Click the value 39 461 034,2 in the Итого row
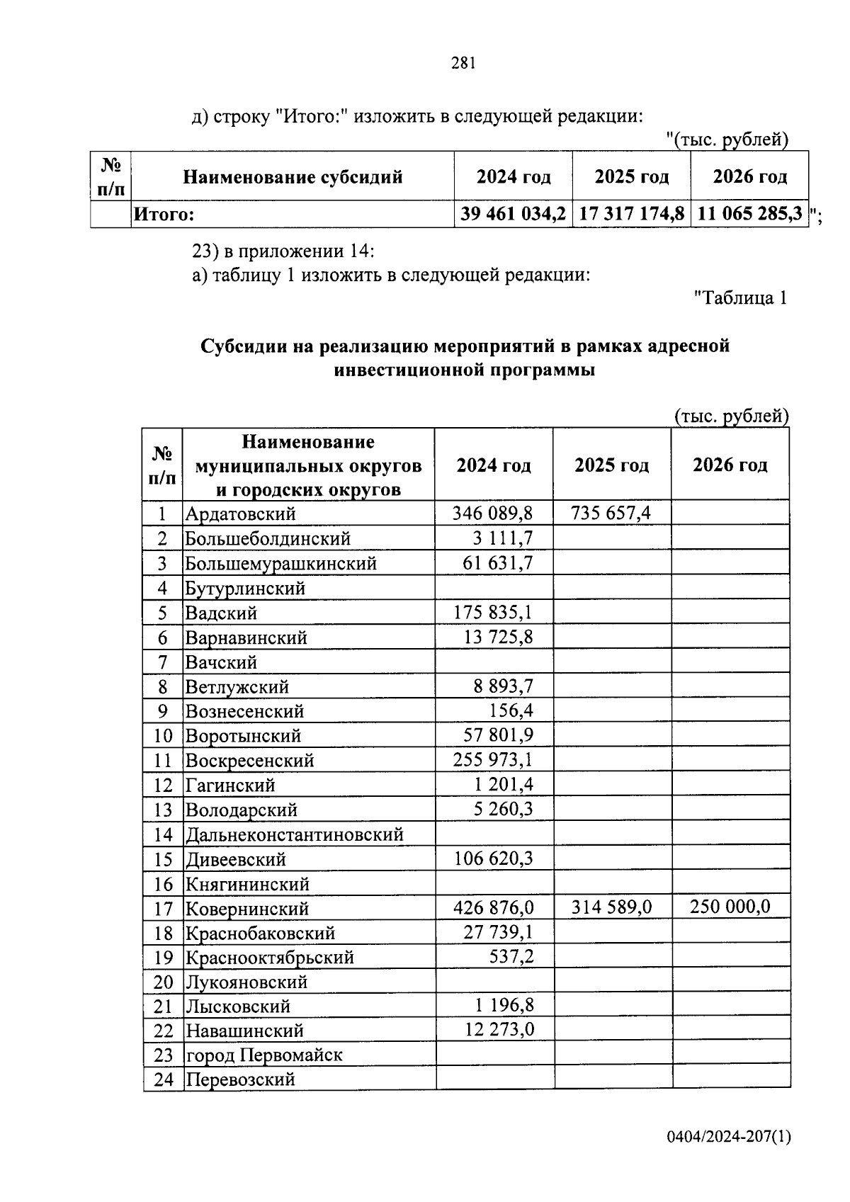click(x=513, y=213)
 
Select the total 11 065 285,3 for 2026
click(x=750, y=213)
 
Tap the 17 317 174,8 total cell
click(x=631, y=213)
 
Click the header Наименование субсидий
click(x=293, y=177)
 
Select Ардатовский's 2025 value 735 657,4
click(x=611, y=513)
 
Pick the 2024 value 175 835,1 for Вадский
click(x=493, y=612)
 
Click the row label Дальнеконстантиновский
click(x=295, y=834)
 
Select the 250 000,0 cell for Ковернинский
click(x=730, y=907)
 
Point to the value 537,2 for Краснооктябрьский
click(x=511, y=957)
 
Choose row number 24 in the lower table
click(x=163, y=1080)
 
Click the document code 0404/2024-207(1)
click(x=728, y=1138)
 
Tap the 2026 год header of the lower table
click(x=730, y=465)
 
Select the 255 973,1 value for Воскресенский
click(x=493, y=760)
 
